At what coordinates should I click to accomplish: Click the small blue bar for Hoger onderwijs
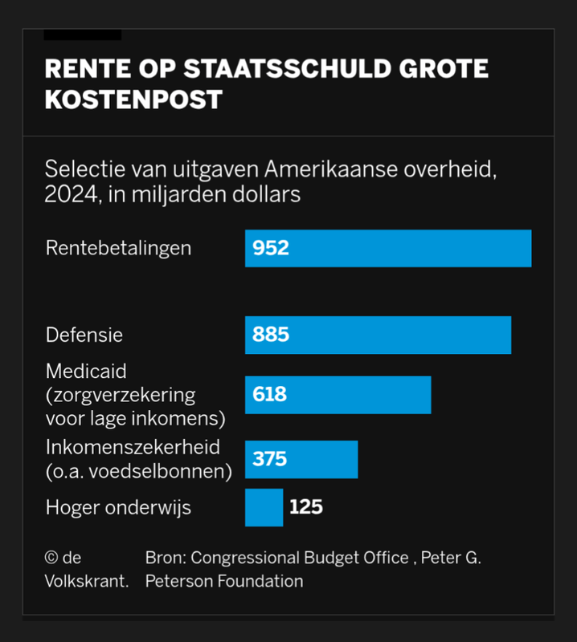pos(264,507)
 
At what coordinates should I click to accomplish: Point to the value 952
pos(271,248)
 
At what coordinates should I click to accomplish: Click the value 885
pos(271,335)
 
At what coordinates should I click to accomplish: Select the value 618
pos(270,395)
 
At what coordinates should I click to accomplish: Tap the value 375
pos(270,459)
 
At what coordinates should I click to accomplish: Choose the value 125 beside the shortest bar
pos(306,507)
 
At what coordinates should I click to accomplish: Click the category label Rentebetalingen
pos(119,247)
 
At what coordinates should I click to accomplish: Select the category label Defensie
pos(84,335)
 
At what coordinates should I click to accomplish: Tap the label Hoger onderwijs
pos(118,507)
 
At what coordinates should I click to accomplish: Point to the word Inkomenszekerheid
pos(133,447)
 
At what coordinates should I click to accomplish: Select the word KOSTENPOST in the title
pos(133,100)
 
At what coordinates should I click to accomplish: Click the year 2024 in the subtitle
pos(68,194)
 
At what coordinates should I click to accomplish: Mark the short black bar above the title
pos(82,35)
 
